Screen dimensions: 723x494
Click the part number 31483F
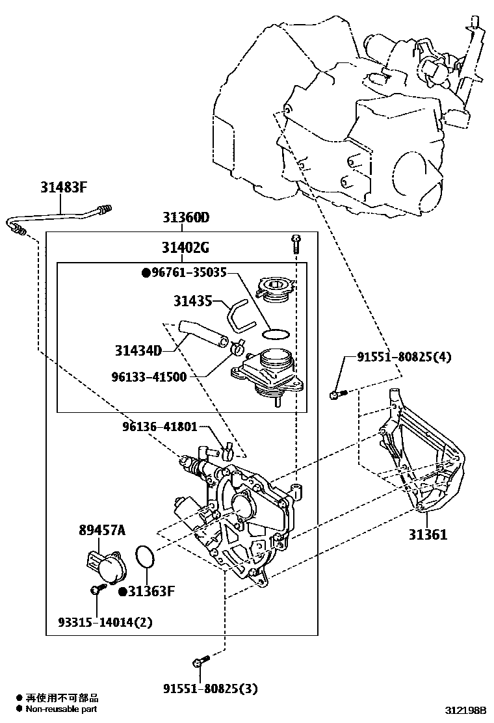coord(63,189)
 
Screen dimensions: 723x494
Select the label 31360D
coord(185,218)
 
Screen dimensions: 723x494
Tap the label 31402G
coord(185,248)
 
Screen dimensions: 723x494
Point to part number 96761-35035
coord(188,273)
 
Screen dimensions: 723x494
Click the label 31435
coord(192,300)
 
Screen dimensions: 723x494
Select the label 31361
coord(428,534)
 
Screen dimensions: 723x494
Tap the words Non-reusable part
coord(62,709)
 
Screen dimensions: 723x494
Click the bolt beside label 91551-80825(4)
coord(339,392)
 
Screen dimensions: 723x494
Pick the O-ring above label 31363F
coord(146,557)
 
